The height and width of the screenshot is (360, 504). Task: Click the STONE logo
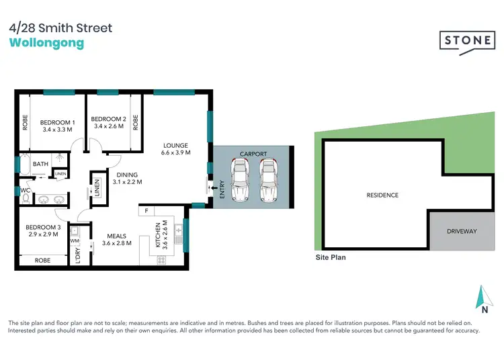tap(466, 41)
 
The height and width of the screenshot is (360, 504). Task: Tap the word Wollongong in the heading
tap(47, 43)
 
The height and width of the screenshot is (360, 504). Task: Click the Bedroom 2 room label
tap(108, 122)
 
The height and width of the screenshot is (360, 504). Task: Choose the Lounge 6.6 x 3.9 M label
tap(175, 149)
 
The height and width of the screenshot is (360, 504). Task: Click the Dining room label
tap(126, 178)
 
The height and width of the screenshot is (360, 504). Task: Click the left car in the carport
tap(241, 179)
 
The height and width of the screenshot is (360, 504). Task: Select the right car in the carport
tap(268, 179)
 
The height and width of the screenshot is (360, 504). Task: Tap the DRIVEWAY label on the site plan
tap(461, 232)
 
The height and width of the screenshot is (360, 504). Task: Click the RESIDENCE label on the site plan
tap(382, 195)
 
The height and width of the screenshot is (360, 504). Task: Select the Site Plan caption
tap(331, 257)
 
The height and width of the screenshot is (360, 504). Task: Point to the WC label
tap(26, 189)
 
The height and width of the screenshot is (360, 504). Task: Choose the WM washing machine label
tap(74, 239)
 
